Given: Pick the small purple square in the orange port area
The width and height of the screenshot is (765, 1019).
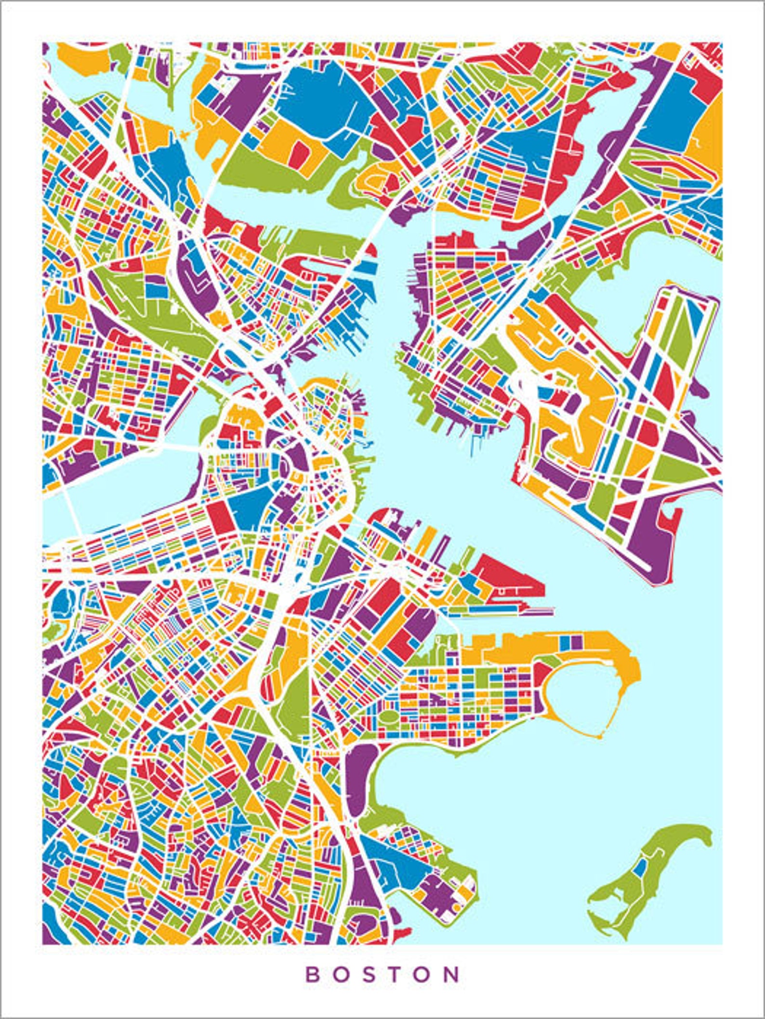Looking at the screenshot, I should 577,642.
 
